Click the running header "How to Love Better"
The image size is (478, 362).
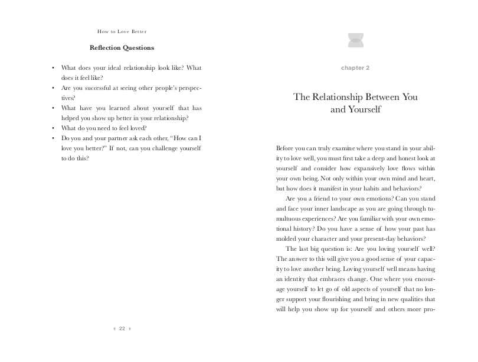(122, 31)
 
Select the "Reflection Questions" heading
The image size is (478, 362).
(122, 47)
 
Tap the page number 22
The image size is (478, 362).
(122, 328)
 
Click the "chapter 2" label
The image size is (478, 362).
(355, 68)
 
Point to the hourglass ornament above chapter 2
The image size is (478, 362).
(355, 40)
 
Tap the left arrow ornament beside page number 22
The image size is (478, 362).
(114, 328)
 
